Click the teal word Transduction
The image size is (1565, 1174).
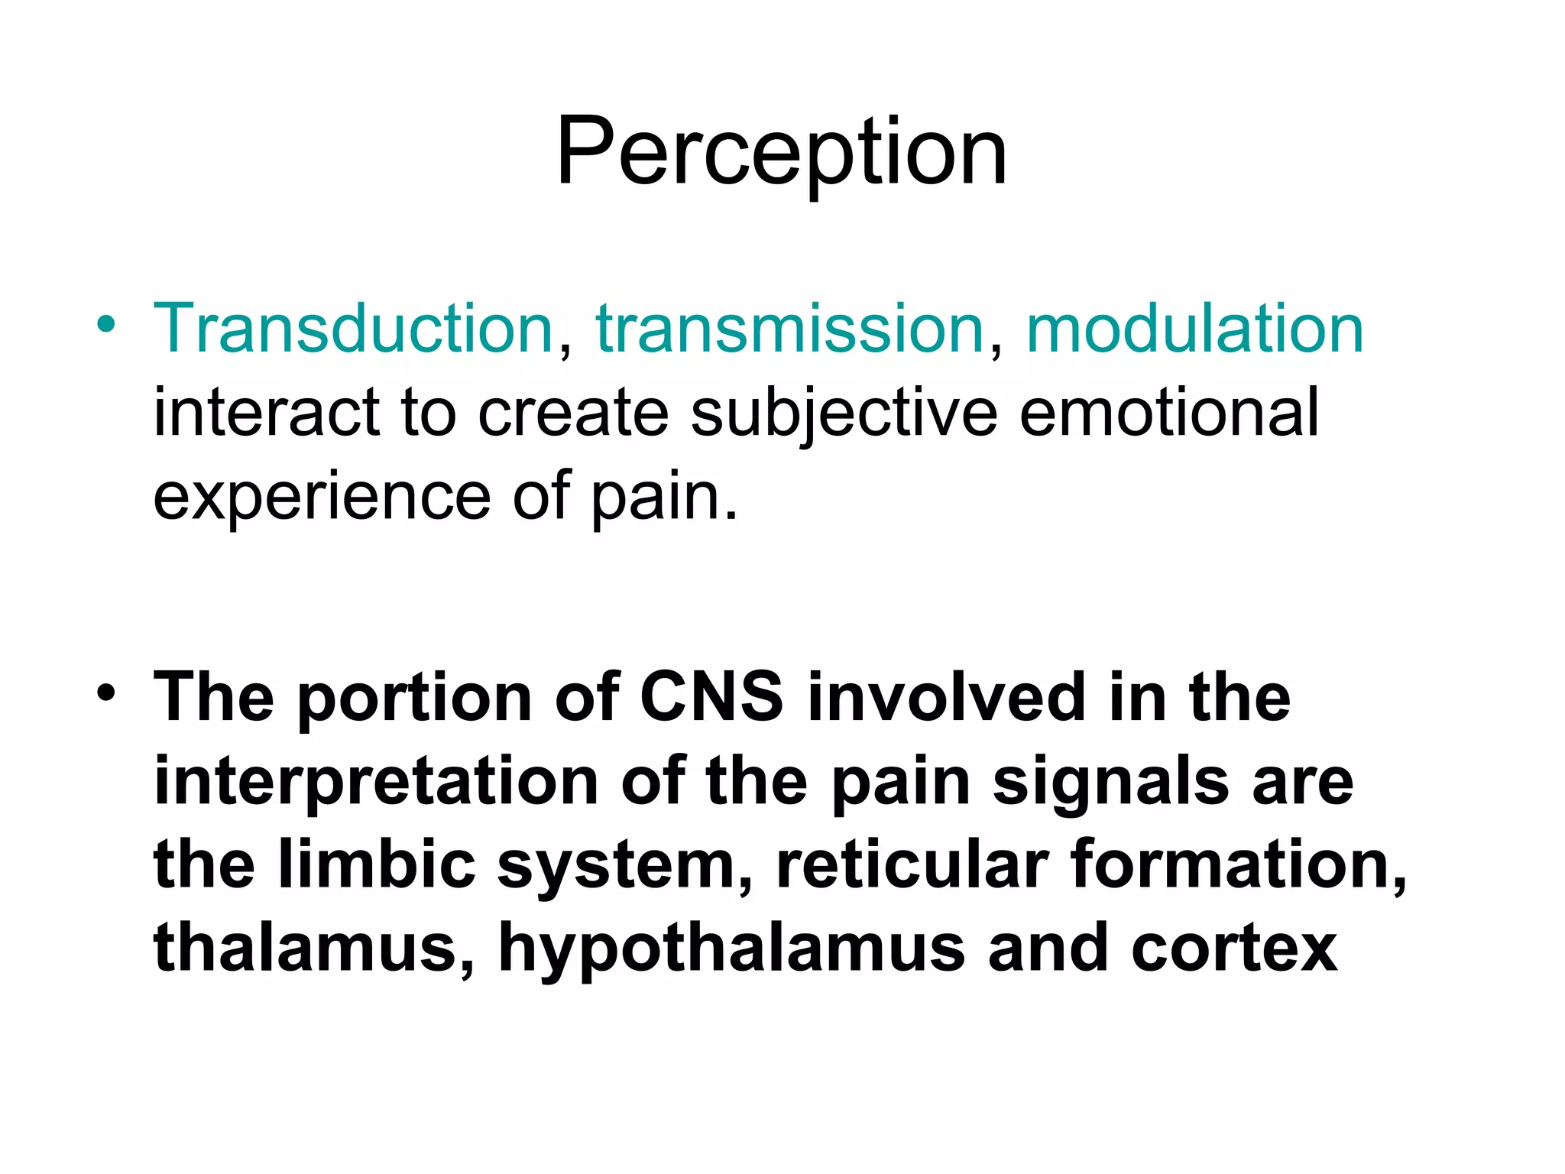coord(353,329)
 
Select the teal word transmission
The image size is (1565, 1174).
coord(789,329)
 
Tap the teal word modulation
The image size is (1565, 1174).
coord(1194,329)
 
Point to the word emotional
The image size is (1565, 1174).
coord(1169,413)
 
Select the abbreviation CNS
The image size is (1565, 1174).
coord(711,697)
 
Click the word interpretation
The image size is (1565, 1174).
coord(377,783)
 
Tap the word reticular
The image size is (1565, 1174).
coord(912,865)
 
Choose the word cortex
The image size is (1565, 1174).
coord(1234,949)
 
